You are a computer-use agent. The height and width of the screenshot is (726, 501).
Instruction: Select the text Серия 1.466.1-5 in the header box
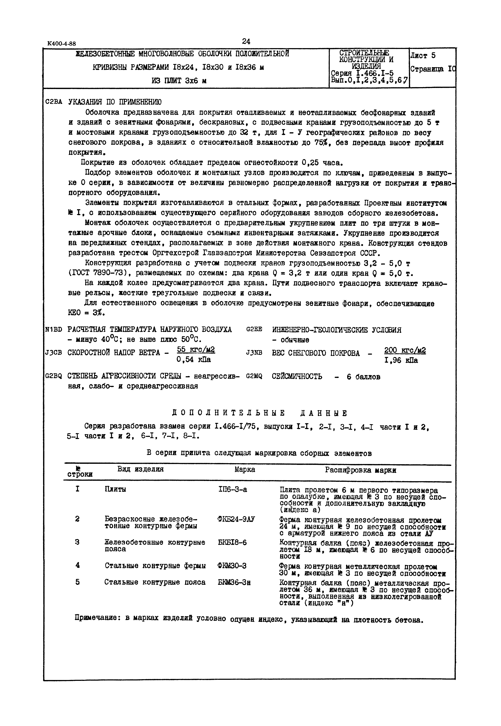[362, 74]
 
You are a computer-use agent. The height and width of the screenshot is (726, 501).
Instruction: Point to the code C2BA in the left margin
[54, 102]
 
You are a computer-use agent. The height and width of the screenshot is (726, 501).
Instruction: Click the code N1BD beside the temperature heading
[54, 330]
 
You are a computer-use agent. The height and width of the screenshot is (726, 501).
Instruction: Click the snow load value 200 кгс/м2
[405, 351]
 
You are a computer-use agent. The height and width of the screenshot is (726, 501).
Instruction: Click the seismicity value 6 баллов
[363, 377]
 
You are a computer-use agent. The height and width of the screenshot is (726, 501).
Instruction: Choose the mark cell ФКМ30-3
[232, 566]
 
